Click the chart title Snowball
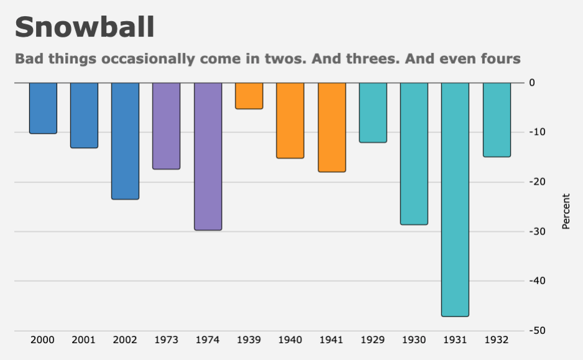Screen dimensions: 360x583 coord(85,28)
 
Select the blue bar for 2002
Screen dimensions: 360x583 coord(125,141)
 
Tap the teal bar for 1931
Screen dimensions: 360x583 coord(455,199)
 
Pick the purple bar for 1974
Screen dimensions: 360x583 coord(208,156)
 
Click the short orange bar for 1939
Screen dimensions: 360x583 coord(249,96)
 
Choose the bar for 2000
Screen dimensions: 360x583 coord(43,108)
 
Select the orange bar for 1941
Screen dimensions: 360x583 coord(331,127)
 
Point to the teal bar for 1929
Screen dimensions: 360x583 coord(373,113)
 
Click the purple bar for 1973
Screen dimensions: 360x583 coord(166,126)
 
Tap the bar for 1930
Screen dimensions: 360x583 coord(414,154)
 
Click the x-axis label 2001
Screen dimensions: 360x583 coord(83,340)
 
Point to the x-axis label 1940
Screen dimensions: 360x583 coord(290,340)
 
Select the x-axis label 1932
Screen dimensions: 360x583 coord(497,340)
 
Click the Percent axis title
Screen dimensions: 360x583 coord(566,211)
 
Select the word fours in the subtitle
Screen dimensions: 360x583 coord(501,59)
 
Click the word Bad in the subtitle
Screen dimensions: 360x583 coord(27,59)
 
